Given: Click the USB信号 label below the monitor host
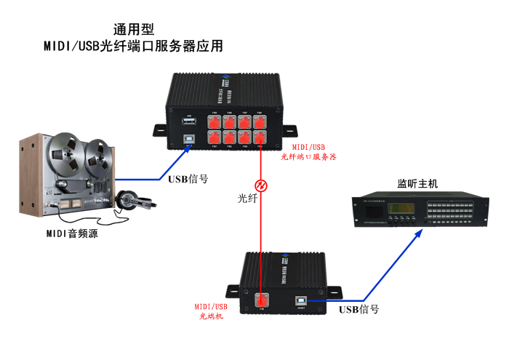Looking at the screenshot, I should tap(359, 309).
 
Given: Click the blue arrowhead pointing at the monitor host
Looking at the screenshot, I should tap(418, 233).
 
